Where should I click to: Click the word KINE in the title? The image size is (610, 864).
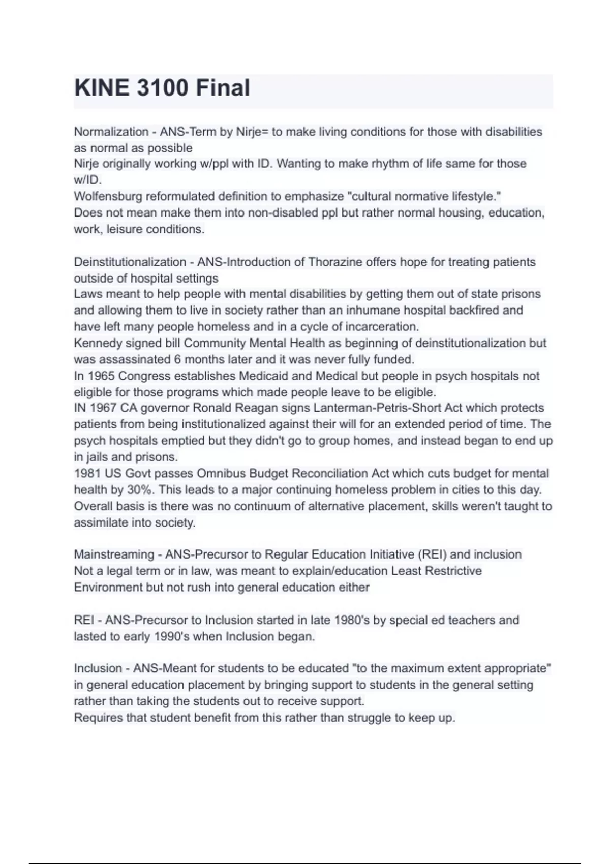click(102, 88)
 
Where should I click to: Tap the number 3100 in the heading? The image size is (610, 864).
click(163, 88)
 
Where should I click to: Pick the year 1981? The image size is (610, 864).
click(87, 474)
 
